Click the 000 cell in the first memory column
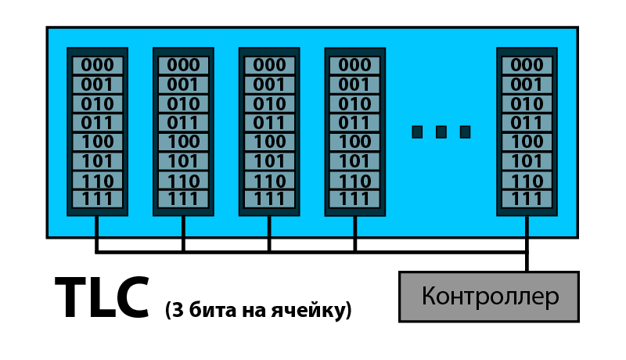coord(97,65)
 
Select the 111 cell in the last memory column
coord(527,199)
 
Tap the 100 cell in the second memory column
coord(183,142)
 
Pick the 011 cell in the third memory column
coord(269,123)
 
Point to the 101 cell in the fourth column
coord(355,161)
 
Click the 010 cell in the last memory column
coord(527,104)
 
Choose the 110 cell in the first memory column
coord(97,181)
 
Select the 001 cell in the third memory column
coord(269,85)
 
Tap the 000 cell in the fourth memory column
coord(355,65)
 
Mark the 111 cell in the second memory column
coord(183,199)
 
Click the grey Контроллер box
coord(489,297)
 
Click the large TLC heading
coord(103,297)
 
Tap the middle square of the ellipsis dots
coord(441,132)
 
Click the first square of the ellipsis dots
coord(417,132)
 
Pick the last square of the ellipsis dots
coord(465,132)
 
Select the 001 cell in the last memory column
coord(527,85)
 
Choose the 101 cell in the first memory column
coord(97,161)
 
